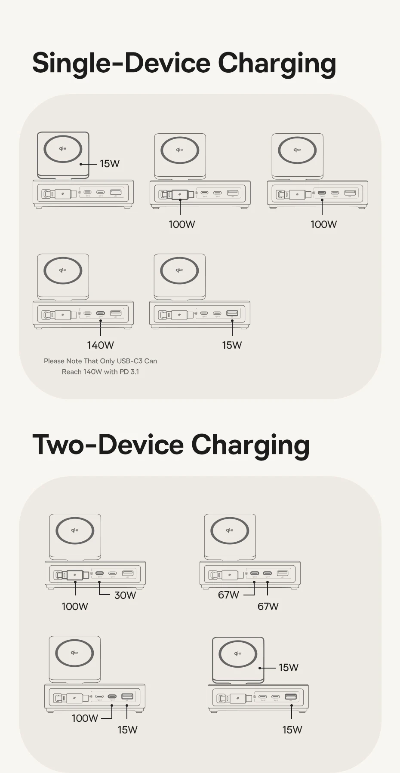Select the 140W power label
100,345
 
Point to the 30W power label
125,595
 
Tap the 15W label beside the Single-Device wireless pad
110,163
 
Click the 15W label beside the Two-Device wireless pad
288,667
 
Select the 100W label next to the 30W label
75,606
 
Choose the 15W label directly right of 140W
232,345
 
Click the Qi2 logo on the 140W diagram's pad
63,270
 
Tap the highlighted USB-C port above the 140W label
101,313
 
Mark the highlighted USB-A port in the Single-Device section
232,313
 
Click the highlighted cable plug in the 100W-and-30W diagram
76,575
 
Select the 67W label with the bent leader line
228,595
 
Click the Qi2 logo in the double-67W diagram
230,530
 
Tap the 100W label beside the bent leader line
85,718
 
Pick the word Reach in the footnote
71,371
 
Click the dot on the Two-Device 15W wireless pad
260,668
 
